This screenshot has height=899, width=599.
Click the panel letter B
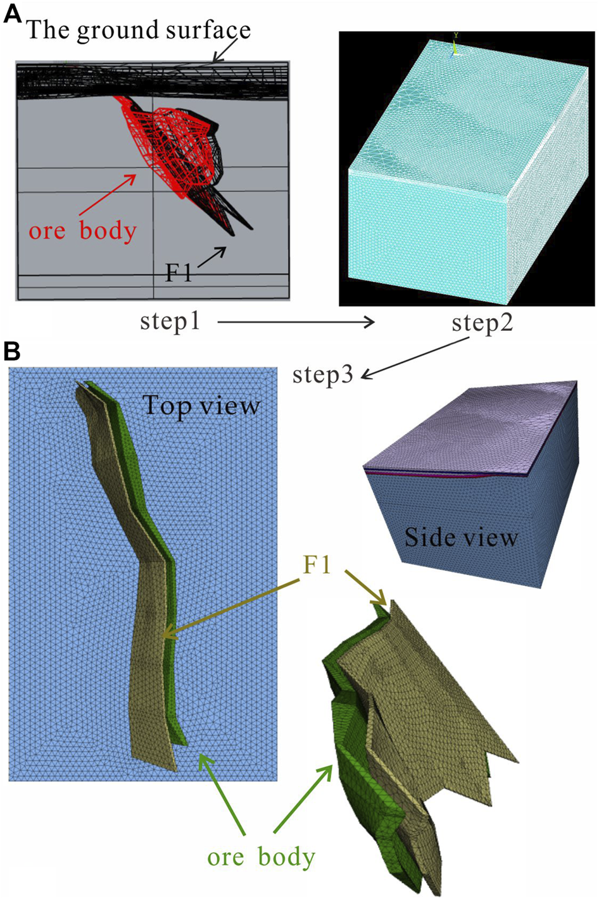[x=13, y=350]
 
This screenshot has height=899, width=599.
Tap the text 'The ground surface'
[x=139, y=30]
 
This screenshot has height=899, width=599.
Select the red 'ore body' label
[x=82, y=231]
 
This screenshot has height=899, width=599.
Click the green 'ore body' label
[x=261, y=857]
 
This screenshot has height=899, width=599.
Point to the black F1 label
[x=178, y=273]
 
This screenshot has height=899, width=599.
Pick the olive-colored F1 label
[x=317, y=565]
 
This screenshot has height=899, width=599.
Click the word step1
[x=170, y=321]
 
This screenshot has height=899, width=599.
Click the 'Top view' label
[x=201, y=405]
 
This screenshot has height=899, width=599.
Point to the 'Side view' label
[x=461, y=537]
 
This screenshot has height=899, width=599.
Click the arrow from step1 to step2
[x=296, y=323]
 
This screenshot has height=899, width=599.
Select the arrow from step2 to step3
[x=415, y=358]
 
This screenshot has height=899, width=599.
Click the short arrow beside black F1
[x=213, y=259]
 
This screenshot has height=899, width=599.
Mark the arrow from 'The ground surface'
[x=225, y=51]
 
